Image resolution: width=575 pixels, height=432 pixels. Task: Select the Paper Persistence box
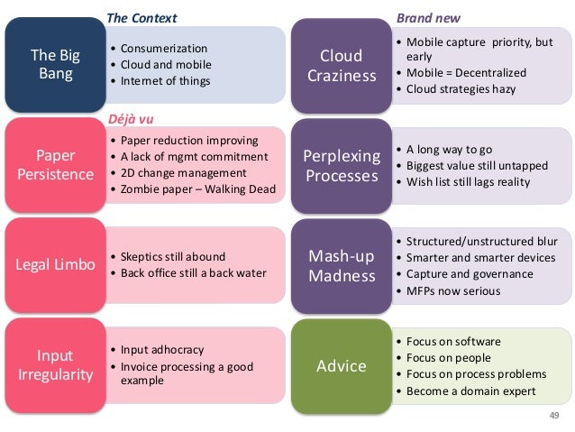[56, 163]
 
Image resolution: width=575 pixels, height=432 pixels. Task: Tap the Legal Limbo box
[56, 264]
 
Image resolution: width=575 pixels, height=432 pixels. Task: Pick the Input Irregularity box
[56, 364]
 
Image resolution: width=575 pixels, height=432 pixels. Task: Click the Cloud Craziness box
[342, 66]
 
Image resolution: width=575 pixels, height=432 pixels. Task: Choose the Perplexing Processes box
[342, 165]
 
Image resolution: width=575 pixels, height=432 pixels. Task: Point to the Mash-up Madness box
[342, 265]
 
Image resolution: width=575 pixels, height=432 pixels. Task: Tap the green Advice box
[342, 365]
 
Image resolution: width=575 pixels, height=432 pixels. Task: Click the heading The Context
[142, 17]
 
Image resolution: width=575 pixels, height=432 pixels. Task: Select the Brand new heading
[430, 17]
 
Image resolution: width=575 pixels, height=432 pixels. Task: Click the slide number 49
[553, 415]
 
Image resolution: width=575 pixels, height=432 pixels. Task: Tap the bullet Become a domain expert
[470, 391]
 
